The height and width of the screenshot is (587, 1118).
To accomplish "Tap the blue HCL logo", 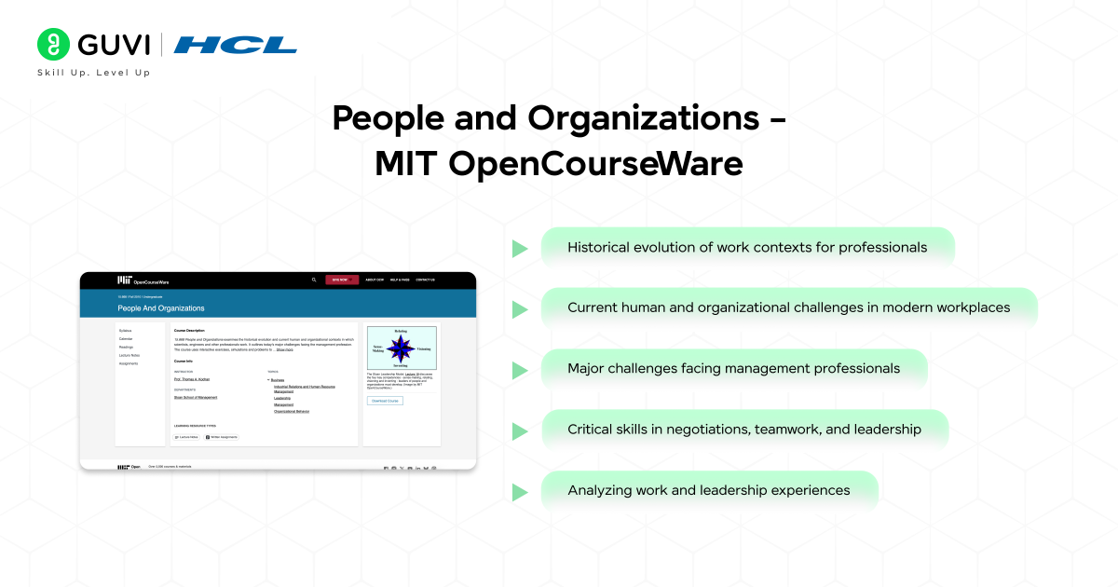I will point(236,45).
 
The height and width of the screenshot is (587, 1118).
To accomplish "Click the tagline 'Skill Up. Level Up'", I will point(93,73).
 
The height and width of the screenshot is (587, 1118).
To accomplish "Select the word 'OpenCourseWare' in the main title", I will point(596,163).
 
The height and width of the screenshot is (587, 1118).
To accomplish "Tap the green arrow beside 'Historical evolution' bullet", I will point(520,249).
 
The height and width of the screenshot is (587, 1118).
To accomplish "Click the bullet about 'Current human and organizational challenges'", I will point(788,307).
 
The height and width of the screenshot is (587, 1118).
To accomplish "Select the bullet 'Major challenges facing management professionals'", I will point(733,368).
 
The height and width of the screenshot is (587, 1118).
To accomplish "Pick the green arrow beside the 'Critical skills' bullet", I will point(520,430).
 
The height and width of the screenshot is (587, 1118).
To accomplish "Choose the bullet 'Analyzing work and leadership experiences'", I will point(708,490).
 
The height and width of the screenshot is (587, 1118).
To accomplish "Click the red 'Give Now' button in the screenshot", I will point(342,280).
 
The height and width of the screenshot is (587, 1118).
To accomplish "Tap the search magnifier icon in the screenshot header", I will point(314,280).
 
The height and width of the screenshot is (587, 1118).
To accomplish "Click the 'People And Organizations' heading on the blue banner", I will point(161,307).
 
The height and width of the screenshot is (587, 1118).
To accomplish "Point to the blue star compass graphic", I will point(401,348).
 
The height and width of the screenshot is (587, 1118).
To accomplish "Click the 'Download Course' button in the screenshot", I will point(385,401).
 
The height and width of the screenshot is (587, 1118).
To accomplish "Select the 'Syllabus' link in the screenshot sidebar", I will point(126,330).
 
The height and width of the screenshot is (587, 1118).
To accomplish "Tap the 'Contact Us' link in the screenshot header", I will point(425,280).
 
